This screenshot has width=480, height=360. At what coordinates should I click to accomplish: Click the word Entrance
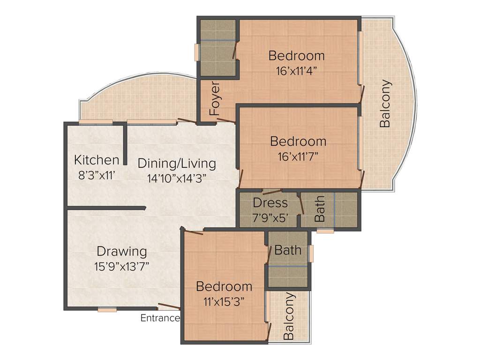coord(160,318)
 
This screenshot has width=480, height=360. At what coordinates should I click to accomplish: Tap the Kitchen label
coord(97,160)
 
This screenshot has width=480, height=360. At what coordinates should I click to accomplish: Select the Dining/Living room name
coord(177,164)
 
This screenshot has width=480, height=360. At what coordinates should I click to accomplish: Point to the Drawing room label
coord(122,251)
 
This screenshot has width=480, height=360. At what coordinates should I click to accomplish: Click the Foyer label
coord(215,99)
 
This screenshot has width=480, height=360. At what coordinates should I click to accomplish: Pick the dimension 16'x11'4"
coord(296,71)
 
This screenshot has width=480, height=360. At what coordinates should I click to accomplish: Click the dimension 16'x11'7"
coord(298,156)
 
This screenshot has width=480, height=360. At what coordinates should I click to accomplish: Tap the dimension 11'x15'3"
coord(224,301)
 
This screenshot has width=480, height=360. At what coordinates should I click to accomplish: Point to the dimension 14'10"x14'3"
coord(177,179)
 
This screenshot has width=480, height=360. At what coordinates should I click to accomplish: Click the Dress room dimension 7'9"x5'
coord(270,218)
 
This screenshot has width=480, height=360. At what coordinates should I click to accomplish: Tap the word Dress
coord(270,203)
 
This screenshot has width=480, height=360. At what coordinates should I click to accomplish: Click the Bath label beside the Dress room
coord(320,209)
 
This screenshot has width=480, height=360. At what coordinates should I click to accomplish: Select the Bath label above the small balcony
coord(288,250)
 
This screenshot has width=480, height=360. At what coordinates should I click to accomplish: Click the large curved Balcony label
coord(385,104)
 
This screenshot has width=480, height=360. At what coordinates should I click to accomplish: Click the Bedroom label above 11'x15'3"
coord(224,286)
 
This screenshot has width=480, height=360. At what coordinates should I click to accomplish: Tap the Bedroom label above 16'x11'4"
coord(296,55)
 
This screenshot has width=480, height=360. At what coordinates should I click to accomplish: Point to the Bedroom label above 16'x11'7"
coord(298,141)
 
